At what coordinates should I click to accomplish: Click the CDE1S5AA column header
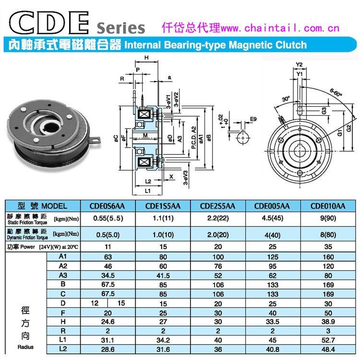(163, 206)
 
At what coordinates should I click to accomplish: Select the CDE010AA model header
(328, 206)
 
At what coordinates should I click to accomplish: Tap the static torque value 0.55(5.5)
(108, 218)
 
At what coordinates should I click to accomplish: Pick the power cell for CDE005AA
(273, 247)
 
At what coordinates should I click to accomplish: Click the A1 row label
(63, 256)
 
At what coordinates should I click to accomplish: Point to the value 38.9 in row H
(328, 322)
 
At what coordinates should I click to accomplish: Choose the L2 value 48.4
(328, 349)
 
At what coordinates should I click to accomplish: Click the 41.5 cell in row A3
(163, 276)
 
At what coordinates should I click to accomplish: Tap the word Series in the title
(121, 28)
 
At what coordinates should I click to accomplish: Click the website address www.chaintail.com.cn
(280, 28)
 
